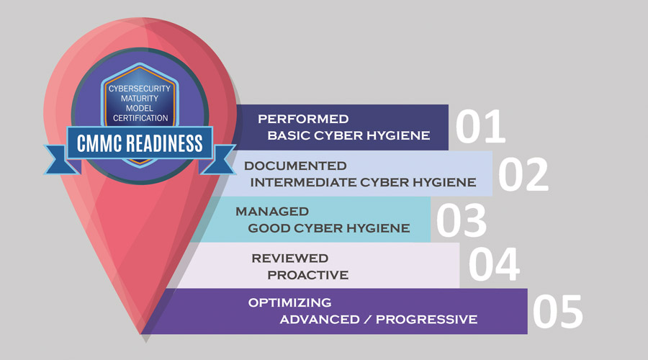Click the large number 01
tap(480, 127)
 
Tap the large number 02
tap(523, 174)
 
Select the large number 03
tap(462, 220)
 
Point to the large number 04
tap(494, 264)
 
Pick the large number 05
tap(558, 312)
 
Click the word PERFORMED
tap(303, 119)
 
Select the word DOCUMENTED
tap(295, 166)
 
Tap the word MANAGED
tap(272, 212)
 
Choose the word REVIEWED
tap(289, 258)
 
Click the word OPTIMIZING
tap(289, 302)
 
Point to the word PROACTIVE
tap(308, 275)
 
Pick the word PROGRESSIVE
tap(426, 320)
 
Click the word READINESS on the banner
tap(164, 143)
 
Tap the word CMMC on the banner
tap(99, 143)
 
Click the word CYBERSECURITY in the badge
tap(139, 89)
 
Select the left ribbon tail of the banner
tap(60, 160)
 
